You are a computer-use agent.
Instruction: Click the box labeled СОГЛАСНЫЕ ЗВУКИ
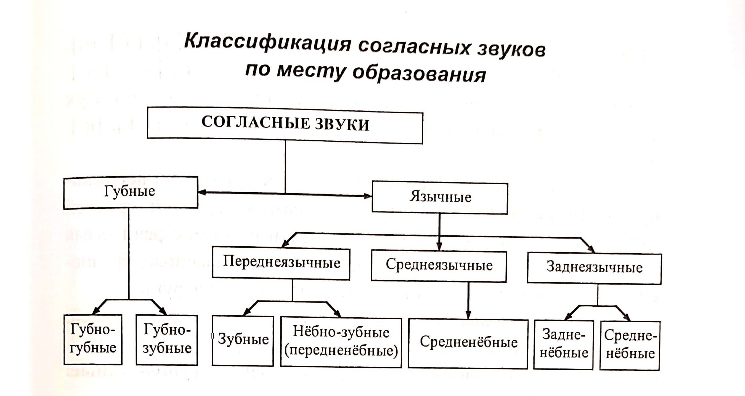coord(285,125)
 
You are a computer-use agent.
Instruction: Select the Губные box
coord(131,193)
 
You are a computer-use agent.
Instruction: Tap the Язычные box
coord(440,198)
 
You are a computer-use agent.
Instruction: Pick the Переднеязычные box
coord(281,263)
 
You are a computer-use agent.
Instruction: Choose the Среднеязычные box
coord(439,266)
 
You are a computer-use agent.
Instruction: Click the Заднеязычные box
coord(594,268)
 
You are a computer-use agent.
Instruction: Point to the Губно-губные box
coord(93,339)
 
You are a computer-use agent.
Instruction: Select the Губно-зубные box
coord(167,340)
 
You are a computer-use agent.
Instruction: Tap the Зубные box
coord(243,340)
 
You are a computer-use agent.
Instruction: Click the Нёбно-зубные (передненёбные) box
coord(341,342)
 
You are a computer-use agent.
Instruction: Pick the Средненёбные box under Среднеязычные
coord(468,343)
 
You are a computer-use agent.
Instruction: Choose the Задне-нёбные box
coord(563,345)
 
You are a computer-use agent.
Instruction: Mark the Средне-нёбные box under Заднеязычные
coord(630,345)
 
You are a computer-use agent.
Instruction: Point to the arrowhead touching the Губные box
coord(202,192)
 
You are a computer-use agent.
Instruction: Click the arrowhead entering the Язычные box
coord(368,196)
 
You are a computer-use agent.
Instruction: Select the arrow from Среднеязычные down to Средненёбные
coord(468,300)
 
